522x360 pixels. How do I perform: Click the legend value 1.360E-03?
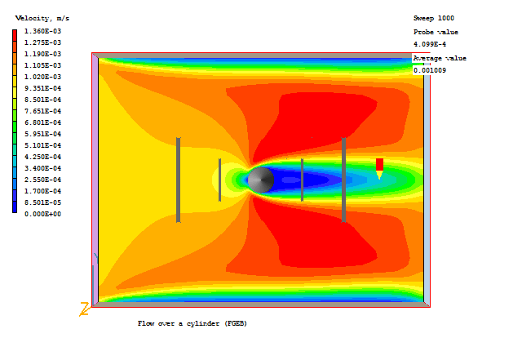(43, 31)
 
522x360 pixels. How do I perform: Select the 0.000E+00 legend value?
(43, 214)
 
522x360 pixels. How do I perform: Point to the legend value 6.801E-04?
(43, 122)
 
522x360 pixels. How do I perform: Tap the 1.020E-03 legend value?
(43, 77)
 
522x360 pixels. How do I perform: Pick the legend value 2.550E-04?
(43, 180)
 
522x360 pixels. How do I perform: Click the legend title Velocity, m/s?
(42, 18)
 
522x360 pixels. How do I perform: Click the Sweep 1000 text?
(434, 18)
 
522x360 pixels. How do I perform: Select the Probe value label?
(436, 32)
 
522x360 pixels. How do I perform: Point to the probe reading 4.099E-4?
(430, 44)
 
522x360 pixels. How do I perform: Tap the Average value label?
(440, 58)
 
